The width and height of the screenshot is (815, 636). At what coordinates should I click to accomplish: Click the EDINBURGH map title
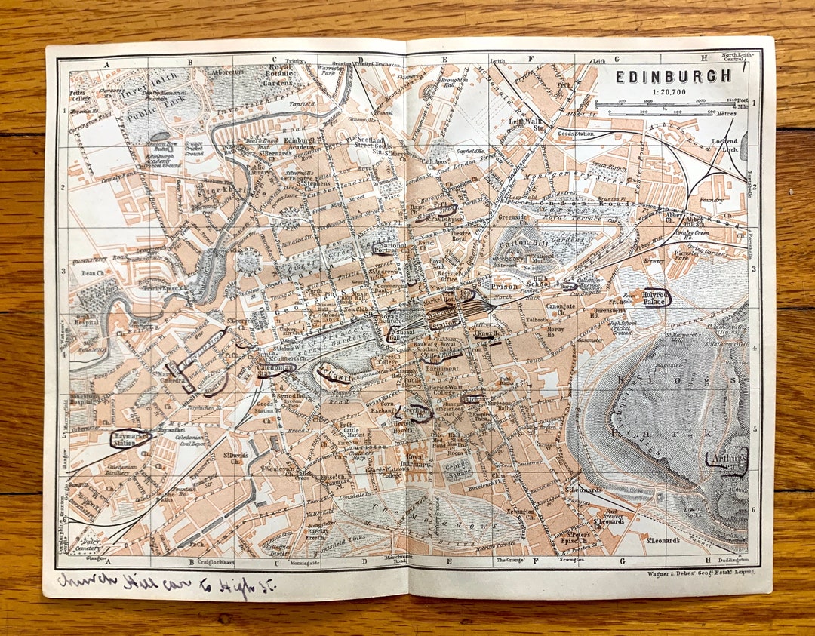672,76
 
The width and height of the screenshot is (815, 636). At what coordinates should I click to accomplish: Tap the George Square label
458,471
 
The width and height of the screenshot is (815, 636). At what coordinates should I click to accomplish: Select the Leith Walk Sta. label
532,122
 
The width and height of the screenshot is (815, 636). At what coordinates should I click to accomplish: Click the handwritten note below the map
166,583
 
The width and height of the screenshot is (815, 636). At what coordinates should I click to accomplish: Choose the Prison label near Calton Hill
503,287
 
